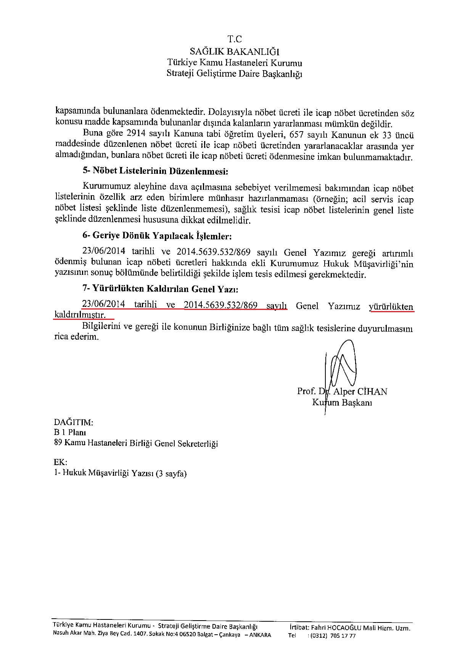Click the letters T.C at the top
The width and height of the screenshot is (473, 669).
coord(235,39)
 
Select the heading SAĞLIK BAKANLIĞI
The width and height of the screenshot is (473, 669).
coord(235,51)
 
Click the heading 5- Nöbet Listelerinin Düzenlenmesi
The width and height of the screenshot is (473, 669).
coord(155,171)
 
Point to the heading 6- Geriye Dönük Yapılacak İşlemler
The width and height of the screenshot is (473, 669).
coord(157,236)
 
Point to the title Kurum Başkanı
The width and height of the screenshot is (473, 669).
coord(342,403)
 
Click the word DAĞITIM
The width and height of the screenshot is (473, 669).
coord(73,422)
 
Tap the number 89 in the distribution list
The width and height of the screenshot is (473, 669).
coord(58,443)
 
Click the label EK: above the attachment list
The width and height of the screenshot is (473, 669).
coord(60,462)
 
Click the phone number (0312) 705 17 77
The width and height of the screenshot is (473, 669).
coord(333,636)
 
